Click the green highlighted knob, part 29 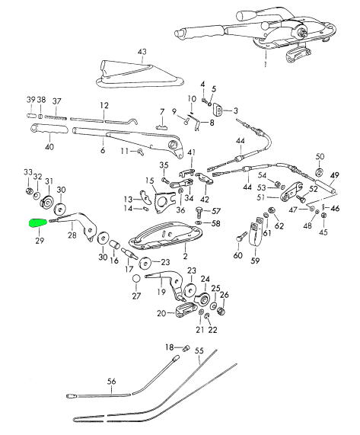[x=38, y=222]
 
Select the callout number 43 [x=142, y=52]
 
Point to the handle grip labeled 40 [x=49, y=130]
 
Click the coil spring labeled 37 [x=56, y=117]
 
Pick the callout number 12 [x=104, y=106]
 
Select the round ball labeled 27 [x=136, y=279]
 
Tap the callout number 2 [x=185, y=256]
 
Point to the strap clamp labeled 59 [x=256, y=232]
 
